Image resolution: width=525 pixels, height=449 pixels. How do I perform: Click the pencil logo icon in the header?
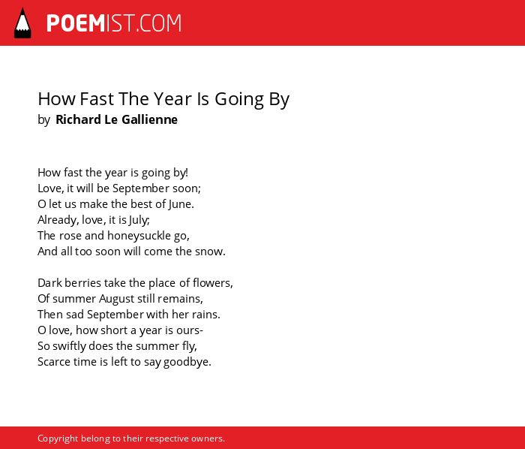tap(22, 23)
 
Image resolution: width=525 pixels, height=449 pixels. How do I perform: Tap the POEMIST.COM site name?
tap(114, 23)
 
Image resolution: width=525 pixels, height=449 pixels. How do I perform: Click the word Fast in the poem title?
tap(97, 99)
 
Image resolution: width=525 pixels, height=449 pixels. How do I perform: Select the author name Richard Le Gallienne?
tap(116, 119)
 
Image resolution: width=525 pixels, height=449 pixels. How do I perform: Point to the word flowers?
tap(212, 283)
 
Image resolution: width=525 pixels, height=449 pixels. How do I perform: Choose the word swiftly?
tap(70, 346)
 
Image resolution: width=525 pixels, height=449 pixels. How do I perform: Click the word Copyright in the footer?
tap(58, 438)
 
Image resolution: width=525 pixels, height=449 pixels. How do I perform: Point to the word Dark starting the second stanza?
tap(50, 283)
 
